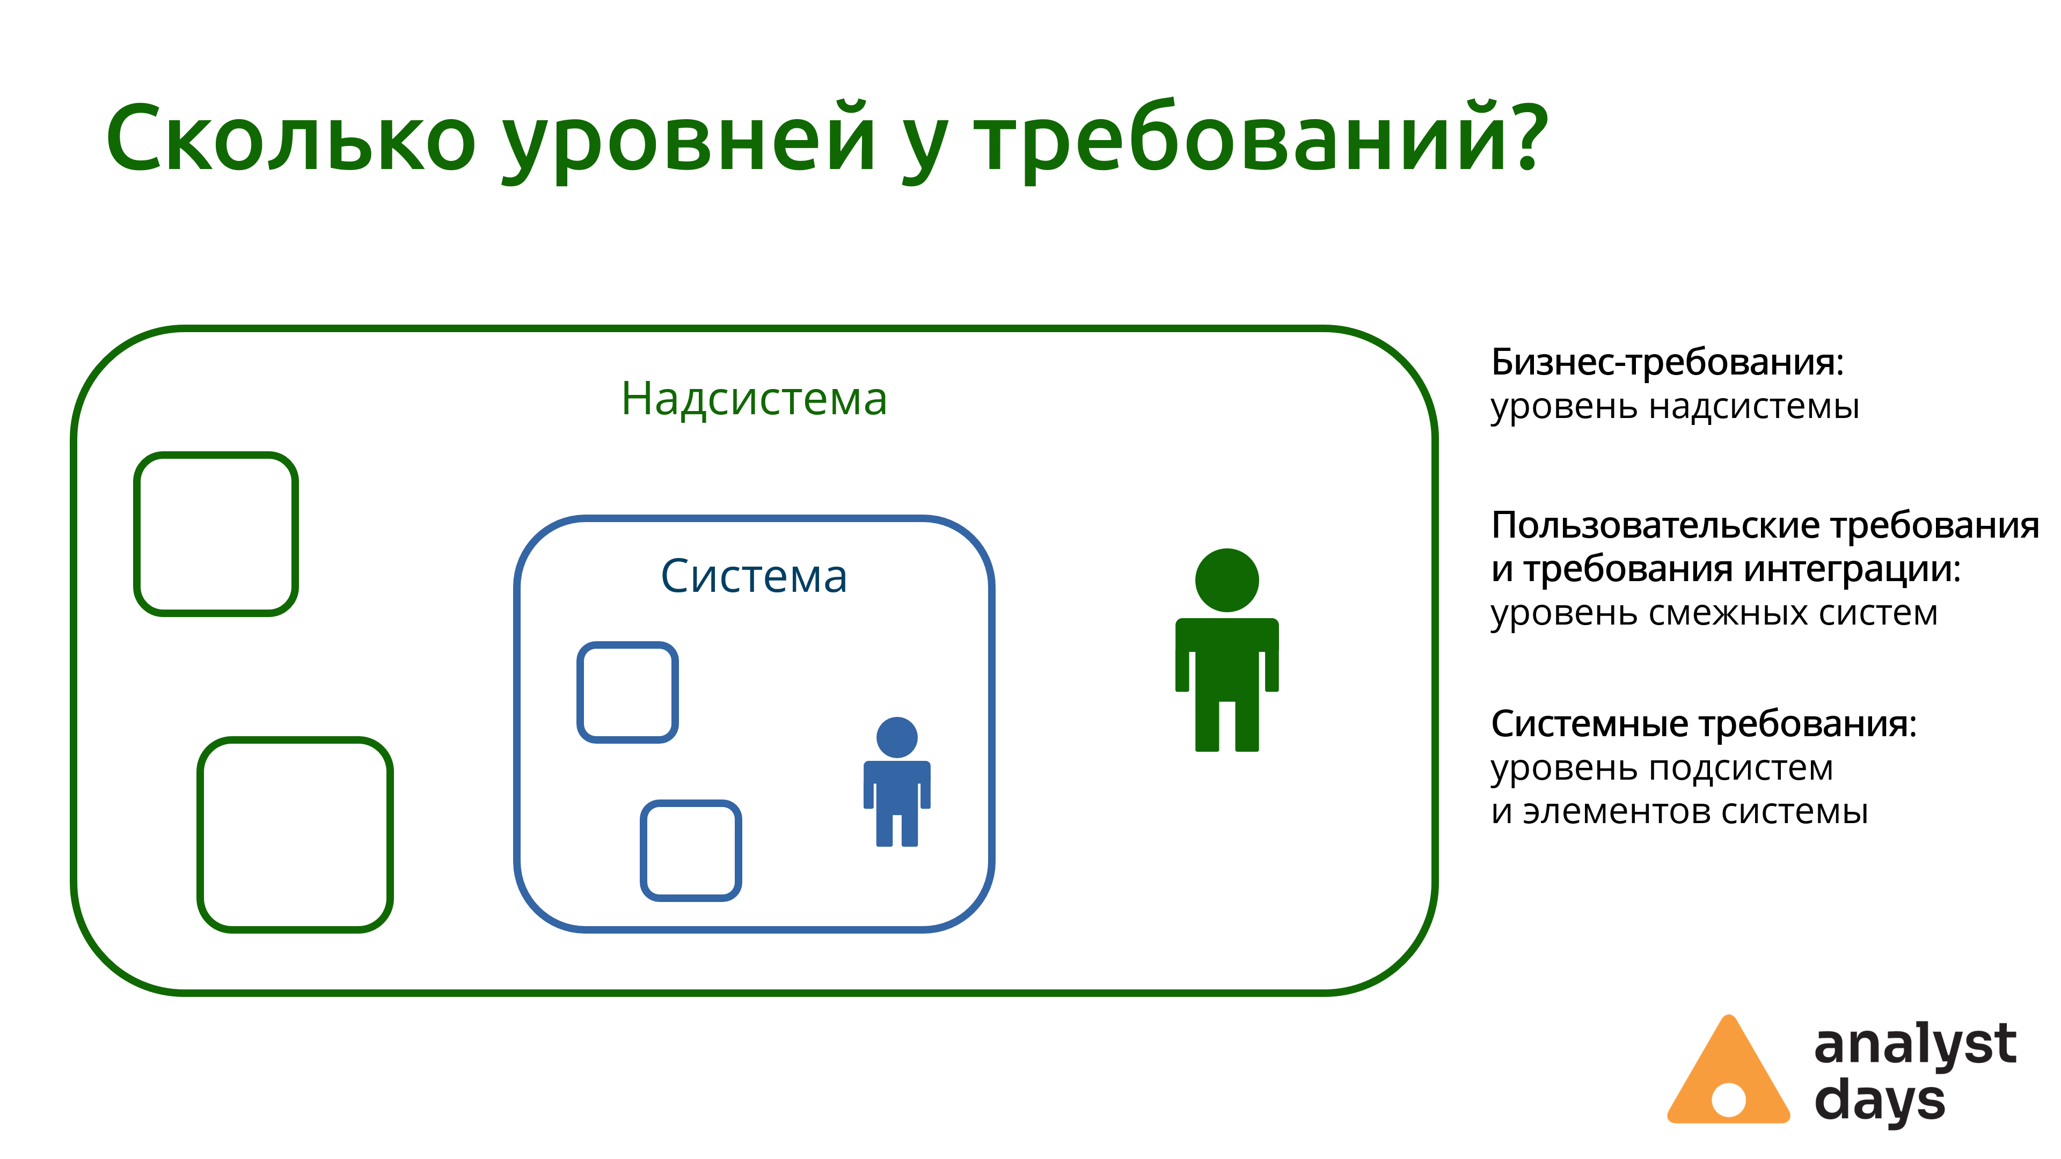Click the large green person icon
(1226, 649)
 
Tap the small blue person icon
(897, 781)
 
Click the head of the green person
(1226, 580)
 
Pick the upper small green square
(216, 457)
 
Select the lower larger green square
(295, 740)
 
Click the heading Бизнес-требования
(1668, 362)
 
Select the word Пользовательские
(1655, 526)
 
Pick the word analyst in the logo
(1914, 1045)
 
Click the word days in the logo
(1880, 1102)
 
